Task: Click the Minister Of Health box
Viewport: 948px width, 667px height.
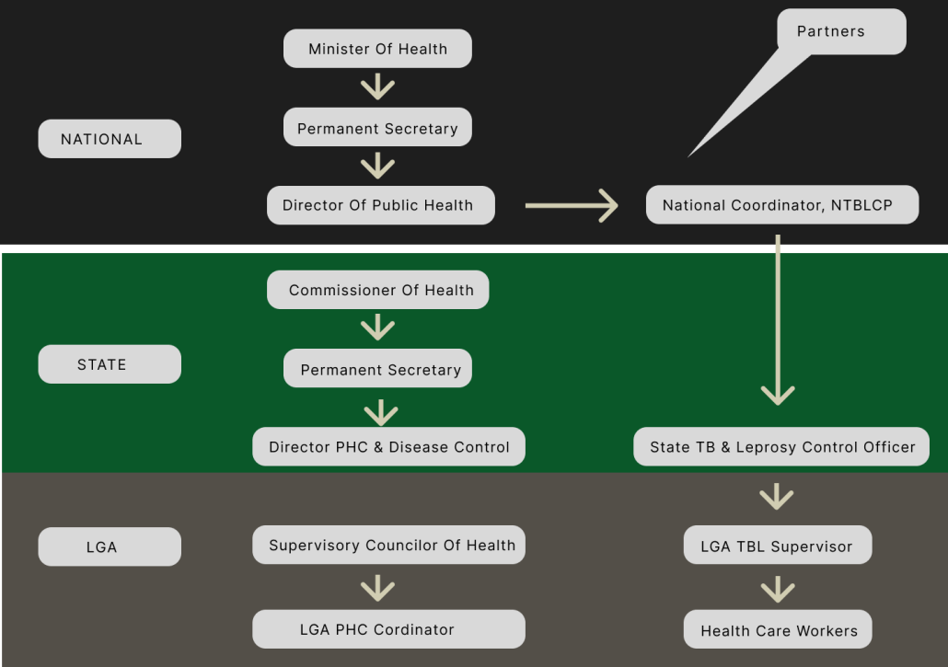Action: (377, 49)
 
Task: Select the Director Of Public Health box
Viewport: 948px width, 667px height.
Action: (380, 205)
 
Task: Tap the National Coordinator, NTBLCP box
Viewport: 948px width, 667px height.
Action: (781, 205)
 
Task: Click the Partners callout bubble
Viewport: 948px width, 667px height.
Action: (840, 32)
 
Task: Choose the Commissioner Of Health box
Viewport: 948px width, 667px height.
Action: (377, 290)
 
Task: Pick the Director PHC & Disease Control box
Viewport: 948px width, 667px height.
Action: (388, 447)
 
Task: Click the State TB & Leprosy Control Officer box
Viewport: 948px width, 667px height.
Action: (781, 447)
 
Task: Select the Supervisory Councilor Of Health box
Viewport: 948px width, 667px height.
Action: (388, 545)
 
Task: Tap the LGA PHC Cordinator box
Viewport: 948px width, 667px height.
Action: (388, 629)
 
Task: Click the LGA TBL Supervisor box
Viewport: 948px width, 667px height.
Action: (777, 546)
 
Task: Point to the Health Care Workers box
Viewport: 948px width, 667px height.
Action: (777, 630)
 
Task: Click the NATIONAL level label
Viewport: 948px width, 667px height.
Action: (110, 139)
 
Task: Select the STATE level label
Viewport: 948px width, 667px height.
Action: (110, 364)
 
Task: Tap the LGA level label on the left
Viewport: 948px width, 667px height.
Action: (110, 546)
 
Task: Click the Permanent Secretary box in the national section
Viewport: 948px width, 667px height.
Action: (377, 128)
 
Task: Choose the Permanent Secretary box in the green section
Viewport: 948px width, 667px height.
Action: (377, 369)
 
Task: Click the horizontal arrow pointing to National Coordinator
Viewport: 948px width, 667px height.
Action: (571, 205)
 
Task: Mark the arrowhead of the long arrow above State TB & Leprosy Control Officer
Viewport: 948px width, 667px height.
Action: (778, 394)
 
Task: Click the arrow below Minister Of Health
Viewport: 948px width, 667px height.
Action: (377, 87)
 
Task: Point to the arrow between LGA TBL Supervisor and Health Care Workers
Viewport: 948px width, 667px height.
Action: (778, 589)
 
